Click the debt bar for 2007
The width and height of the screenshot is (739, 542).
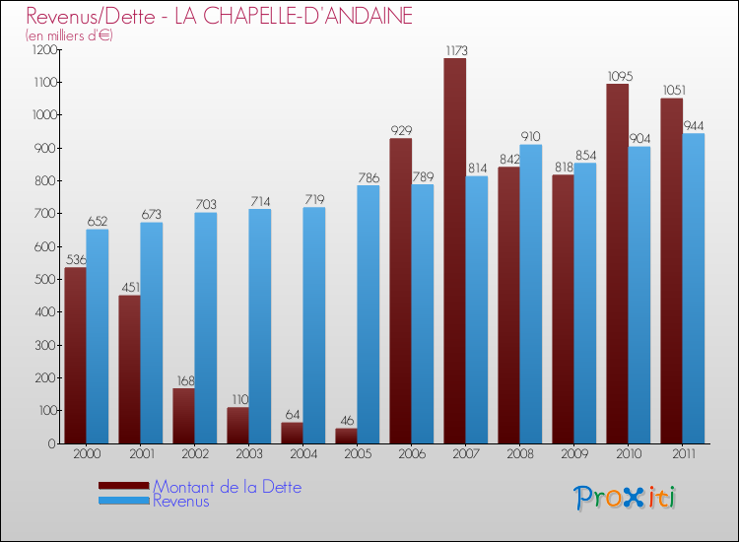(454, 251)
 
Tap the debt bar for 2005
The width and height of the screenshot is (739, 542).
(346, 436)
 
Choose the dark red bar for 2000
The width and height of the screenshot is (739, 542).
(75, 356)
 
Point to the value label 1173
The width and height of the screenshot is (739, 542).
(454, 49)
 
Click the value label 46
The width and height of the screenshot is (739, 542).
(346, 420)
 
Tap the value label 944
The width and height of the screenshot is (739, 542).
(694, 125)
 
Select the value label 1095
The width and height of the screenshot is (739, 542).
(618, 76)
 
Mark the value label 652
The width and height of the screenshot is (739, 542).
(97, 221)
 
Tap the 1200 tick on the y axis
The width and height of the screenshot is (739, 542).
(44, 49)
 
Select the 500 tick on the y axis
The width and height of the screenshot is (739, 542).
(47, 279)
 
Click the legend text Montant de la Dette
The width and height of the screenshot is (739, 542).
(227, 487)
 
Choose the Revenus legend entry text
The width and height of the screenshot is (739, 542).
(181, 501)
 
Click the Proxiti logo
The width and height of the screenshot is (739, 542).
(625, 498)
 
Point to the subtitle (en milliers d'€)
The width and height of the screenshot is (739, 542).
(70, 35)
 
